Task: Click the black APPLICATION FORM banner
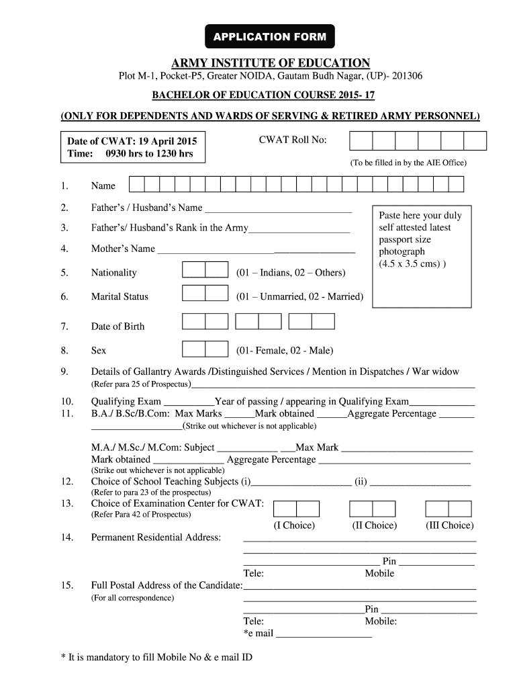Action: click(269, 36)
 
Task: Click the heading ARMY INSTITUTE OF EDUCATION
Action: click(271, 63)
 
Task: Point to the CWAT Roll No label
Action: click(292, 140)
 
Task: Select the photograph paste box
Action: click(421, 256)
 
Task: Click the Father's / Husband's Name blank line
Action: click(278, 208)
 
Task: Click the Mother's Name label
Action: click(123, 249)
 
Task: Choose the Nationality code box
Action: click(205, 270)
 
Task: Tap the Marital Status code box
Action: click(205, 294)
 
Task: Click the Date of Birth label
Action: click(117, 327)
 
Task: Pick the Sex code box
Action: click(205, 349)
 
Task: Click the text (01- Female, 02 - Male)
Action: click(285, 350)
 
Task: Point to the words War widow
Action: click(436, 372)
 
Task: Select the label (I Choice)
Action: click(294, 525)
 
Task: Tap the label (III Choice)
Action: click(449, 525)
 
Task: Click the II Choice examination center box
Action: click(374, 509)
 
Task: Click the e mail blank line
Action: click(324, 634)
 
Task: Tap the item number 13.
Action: click(66, 503)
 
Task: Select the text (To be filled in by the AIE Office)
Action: click(408, 163)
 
